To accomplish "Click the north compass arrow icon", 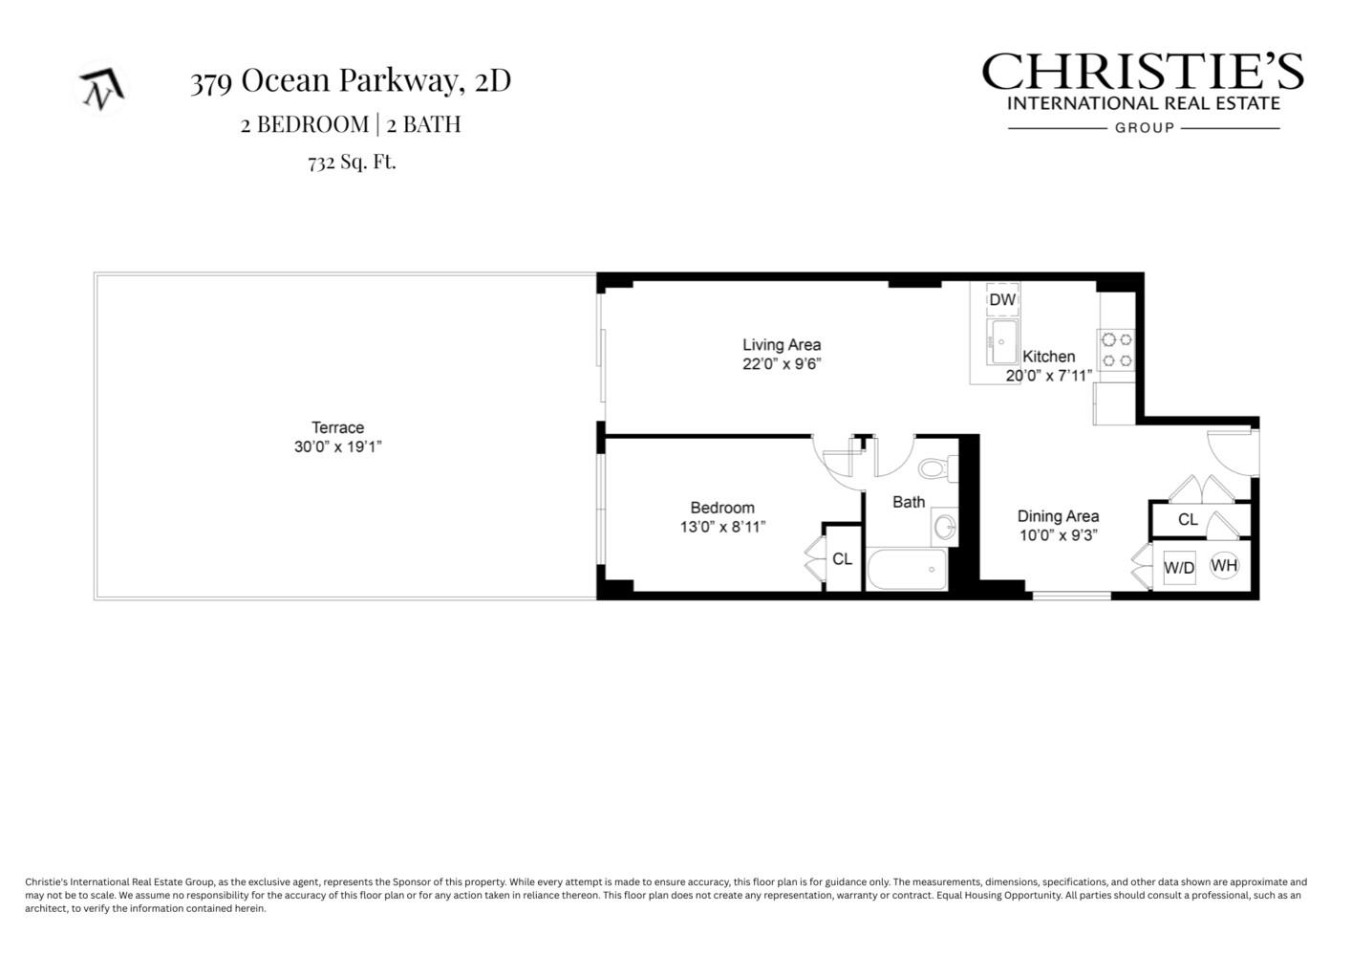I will coord(101,89).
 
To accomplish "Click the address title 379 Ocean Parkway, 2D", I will coord(350,81).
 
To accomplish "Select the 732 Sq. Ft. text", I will coord(352,162).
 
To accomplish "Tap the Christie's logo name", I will coord(1143,73).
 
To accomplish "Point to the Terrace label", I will coord(337,427).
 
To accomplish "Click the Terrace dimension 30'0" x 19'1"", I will coord(337,446).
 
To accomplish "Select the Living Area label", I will coord(782,345).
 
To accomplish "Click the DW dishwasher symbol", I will coord(1002,299).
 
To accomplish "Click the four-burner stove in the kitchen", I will coord(1117,350).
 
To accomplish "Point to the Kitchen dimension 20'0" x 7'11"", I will coord(1048,376).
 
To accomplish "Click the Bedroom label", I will coord(722,508).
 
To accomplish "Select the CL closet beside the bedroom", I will coord(842,558).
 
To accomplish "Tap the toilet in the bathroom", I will coord(936,468).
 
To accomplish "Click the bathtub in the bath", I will coord(907,570).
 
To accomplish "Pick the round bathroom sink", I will coord(944,527).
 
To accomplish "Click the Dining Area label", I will coord(1058,516).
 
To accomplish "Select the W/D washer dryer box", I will coord(1179,568).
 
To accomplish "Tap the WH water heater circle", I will coord(1224,565).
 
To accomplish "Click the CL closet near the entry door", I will coord(1188,520).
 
